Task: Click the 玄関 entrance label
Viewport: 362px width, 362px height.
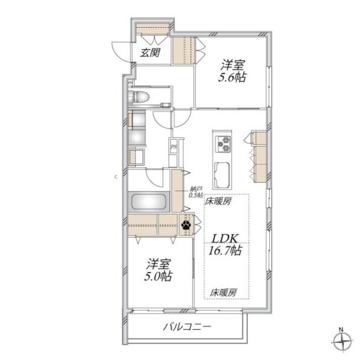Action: click(x=150, y=52)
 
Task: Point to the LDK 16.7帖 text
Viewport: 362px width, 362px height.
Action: click(x=225, y=244)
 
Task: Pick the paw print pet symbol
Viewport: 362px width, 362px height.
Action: click(x=188, y=226)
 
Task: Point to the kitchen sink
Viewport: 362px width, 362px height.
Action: click(x=222, y=173)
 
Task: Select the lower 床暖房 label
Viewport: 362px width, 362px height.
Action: click(x=222, y=292)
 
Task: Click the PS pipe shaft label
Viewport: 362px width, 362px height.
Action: click(x=173, y=146)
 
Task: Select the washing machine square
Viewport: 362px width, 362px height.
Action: click(x=136, y=156)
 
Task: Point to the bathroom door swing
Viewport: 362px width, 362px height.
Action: click(x=156, y=177)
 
